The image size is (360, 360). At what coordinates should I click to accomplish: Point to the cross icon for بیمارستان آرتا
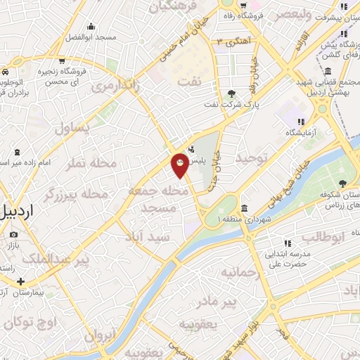[20, 282]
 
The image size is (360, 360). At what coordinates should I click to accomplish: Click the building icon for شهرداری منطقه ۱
[244, 208]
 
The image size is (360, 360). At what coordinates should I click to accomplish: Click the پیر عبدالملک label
[56, 260]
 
